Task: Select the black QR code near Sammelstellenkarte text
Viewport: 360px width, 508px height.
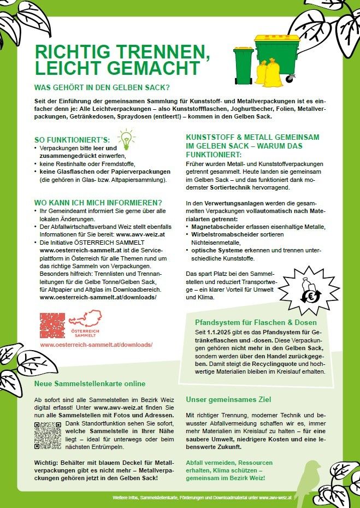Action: coord(48,435)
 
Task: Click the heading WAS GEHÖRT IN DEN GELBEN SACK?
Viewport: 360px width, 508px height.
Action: coord(102,87)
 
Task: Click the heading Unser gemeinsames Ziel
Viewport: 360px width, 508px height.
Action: coord(228,399)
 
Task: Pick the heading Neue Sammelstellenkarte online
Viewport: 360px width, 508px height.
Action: coord(90,383)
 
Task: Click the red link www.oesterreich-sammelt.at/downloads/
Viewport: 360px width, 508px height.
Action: coord(96,345)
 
